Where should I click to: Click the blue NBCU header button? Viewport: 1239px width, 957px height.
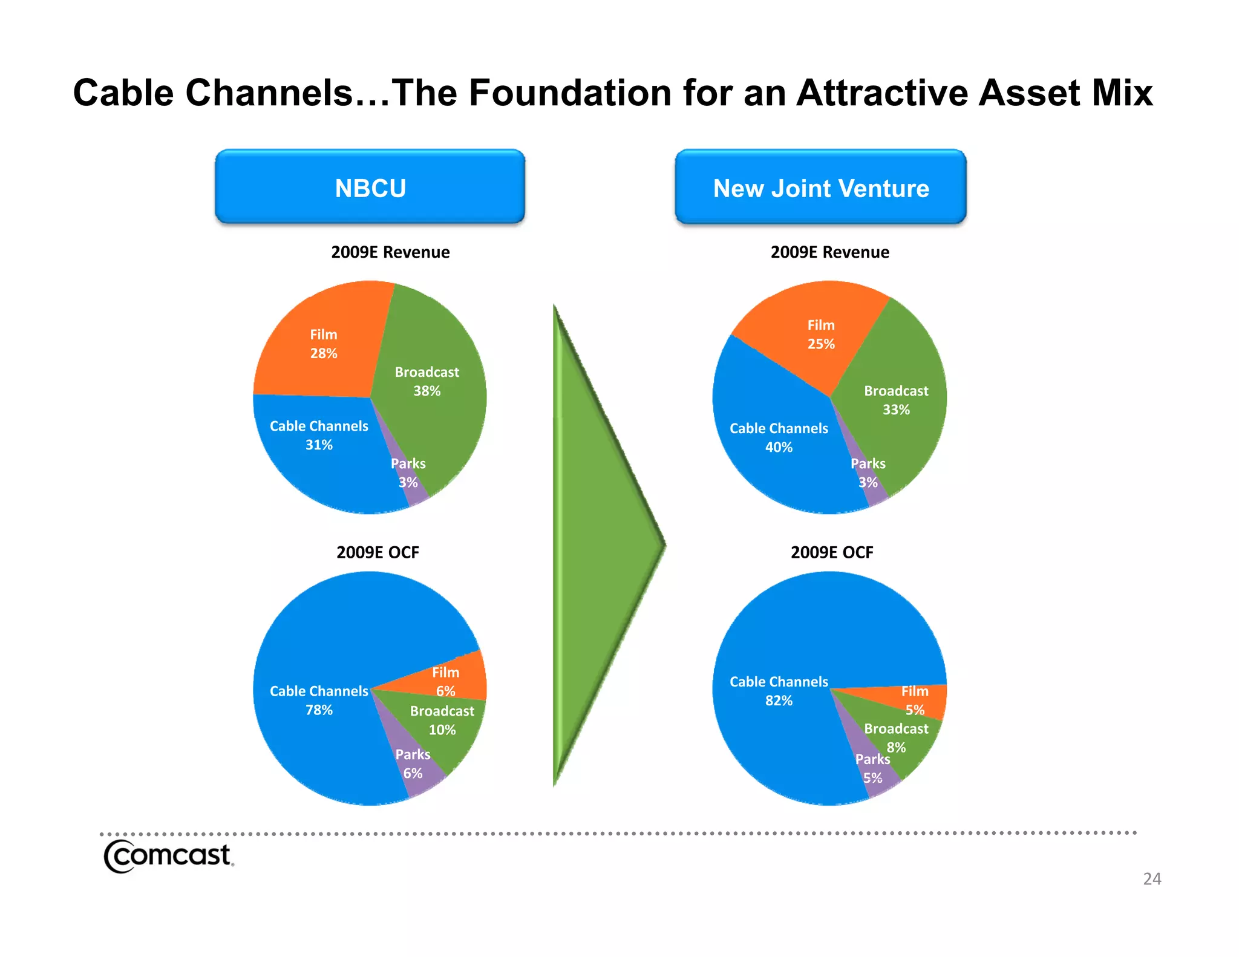pos(370,188)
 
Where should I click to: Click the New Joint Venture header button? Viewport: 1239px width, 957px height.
pos(820,188)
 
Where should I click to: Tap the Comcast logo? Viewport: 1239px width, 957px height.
pos(168,856)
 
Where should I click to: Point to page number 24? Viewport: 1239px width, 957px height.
pos(1151,878)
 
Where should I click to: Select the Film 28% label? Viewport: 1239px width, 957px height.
pos(324,344)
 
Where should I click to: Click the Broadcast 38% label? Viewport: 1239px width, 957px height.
pos(427,381)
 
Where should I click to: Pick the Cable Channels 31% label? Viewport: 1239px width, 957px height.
pos(319,435)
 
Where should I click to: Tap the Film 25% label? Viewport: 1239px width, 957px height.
pos(820,335)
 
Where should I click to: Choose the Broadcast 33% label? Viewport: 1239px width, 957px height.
pos(895,400)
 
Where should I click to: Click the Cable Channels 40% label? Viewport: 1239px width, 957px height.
pos(779,437)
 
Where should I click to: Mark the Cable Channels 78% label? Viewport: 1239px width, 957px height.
pos(319,700)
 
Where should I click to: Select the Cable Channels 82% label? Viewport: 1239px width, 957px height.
pos(779,691)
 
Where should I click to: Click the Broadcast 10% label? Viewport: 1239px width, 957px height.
pos(442,720)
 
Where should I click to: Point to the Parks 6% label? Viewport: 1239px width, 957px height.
pos(413,763)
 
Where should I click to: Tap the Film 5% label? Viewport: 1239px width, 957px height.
pos(914,700)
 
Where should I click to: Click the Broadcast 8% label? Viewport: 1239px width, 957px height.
pos(895,737)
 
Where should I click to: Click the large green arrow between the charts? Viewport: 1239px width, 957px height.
pos(599,544)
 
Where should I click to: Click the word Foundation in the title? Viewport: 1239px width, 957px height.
pos(569,93)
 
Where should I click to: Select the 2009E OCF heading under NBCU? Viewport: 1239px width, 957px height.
pos(378,552)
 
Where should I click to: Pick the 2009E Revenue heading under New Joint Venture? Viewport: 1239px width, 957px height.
pos(829,252)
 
